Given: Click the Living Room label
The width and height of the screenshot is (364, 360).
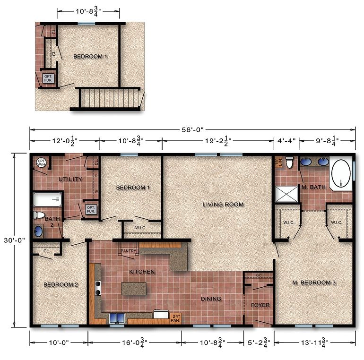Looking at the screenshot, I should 223,205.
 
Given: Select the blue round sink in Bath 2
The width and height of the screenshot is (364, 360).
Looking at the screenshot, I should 38,231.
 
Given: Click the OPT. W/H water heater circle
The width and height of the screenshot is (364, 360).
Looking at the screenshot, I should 41,162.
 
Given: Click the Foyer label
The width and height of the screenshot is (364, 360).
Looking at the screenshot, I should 260,305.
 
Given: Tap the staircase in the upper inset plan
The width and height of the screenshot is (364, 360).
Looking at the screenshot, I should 112,98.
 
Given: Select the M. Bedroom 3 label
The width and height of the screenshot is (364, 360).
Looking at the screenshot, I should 314,283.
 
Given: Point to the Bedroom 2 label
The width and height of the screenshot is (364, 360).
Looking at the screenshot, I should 61,284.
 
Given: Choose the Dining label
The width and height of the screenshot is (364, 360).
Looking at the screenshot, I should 211,299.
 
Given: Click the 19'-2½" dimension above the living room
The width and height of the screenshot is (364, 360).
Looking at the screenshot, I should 218,140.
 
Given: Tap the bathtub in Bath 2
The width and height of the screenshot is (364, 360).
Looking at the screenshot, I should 47,200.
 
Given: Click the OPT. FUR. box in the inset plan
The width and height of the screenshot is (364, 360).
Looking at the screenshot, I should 49,78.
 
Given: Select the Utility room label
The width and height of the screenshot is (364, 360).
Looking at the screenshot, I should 71,180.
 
